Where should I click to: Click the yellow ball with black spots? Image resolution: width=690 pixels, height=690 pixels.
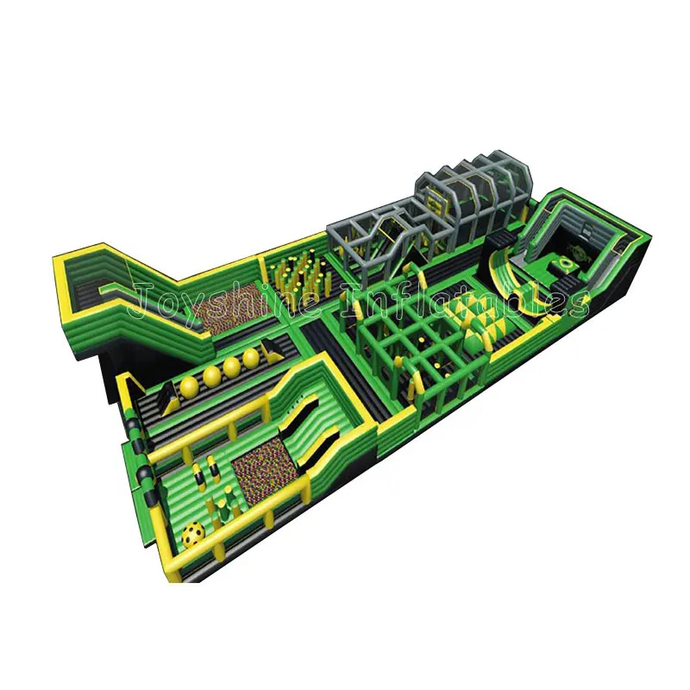tap(193, 535)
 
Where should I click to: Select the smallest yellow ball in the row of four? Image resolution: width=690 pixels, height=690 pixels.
tap(251, 359)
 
